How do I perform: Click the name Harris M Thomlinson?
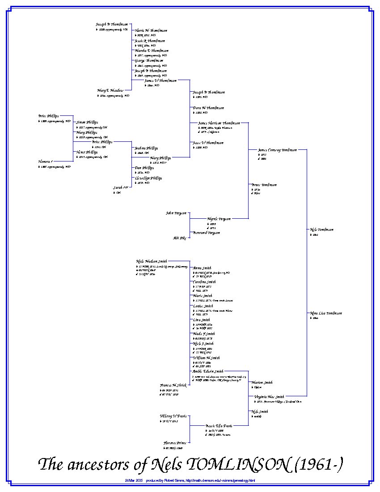pyautogui.click(x=151, y=30)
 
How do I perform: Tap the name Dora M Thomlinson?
pyautogui.click(x=208, y=108)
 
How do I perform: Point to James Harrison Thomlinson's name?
pyautogui.click(x=219, y=123)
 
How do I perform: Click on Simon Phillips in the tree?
pyautogui.click(x=87, y=122)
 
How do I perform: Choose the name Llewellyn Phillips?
pyautogui.click(x=148, y=178)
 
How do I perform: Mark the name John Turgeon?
pyautogui.click(x=176, y=213)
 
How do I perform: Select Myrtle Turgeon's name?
pyautogui.click(x=219, y=219)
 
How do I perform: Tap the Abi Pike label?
pyautogui.click(x=180, y=238)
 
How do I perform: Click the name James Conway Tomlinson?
pyautogui.click(x=277, y=150)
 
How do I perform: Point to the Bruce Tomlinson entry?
pyautogui.click(x=264, y=185)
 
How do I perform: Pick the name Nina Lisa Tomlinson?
pyautogui.click(x=326, y=313)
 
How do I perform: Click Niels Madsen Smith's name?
pyautogui.click(x=152, y=261)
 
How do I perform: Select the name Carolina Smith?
pyautogui.click(x=204, y=282)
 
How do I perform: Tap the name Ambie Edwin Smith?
pyautogui.click(x=208, y=371)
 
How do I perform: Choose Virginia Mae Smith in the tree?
pyautogui.click(x=269, y=397)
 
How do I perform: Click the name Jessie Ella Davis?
pyautogui.click(x=219, y=426)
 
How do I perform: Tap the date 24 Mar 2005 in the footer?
pyautogui.click(x=134, y=481)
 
